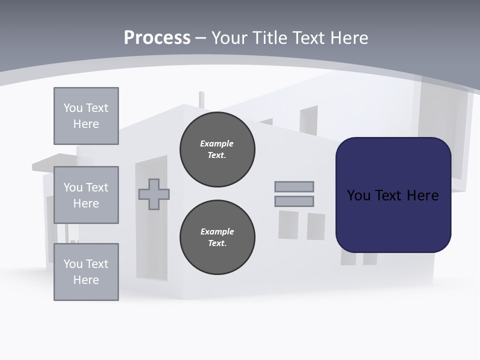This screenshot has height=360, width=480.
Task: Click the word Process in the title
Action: [x=157, y=38]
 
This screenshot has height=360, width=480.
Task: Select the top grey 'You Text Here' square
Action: [x=86, y=116]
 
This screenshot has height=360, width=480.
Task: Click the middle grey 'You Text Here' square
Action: [x=86, y=195]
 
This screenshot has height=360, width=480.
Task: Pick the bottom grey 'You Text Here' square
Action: [x=86, y=272]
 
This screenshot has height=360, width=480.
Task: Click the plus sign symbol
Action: [x=154, y=194]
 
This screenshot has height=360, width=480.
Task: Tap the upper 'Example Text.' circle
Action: [x=217, y=149]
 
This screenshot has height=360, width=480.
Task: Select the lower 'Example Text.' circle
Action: [x=217, y=237]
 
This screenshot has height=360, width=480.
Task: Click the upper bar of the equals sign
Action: [x=294, y=186]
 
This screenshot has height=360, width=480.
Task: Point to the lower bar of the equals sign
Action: [x=294, y=201]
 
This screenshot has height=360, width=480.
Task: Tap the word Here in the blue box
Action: [x=422, y=195]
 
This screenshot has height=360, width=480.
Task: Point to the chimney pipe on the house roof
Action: [x=201, y=99]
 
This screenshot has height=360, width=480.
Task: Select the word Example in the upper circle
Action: [x=217, y=143]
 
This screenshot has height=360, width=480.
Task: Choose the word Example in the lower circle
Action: [x=217, y=231]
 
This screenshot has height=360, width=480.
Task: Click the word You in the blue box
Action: [x=358, y=195]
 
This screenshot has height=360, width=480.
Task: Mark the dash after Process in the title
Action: [x=201, y=38]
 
